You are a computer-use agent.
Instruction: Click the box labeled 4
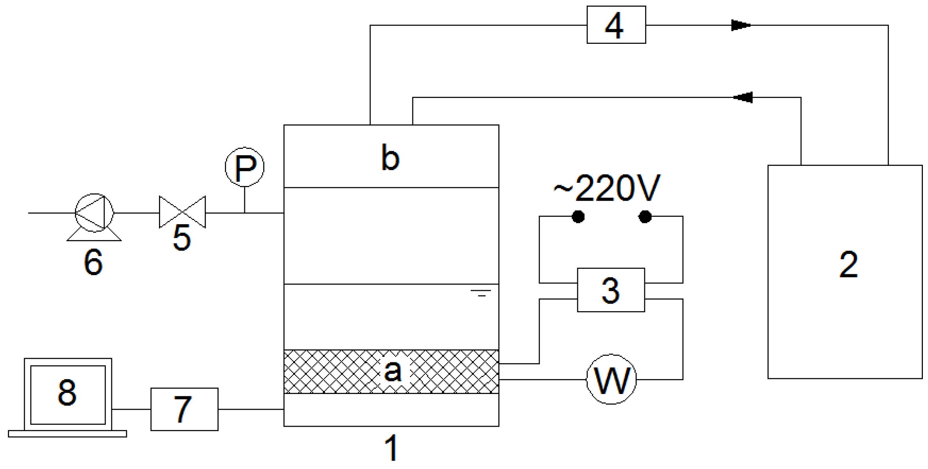[616, 24]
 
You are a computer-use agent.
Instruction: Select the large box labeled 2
[844, 272]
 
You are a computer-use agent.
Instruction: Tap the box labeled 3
[611, 290]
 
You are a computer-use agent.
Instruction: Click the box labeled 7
[184, 409]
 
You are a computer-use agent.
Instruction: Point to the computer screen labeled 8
[68, 394]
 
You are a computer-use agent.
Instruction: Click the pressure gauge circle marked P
[245, 167]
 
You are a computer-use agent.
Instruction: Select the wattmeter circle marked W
[611, 379]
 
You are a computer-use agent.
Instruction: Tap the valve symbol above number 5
[182, 212]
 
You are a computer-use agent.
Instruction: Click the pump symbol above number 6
[94, 213]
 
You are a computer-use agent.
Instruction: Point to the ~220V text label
[606, 188]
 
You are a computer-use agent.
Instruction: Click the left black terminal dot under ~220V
[578, 217]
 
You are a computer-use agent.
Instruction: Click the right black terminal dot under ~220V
[645, 217]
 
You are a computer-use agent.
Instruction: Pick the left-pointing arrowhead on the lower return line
[743, 97]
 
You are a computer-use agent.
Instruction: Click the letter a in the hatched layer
[393, 371]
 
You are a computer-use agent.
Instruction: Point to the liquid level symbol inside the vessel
[481, 293]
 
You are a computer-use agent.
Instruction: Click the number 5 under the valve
[182, 238]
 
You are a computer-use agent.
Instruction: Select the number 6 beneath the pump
[94, 262]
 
